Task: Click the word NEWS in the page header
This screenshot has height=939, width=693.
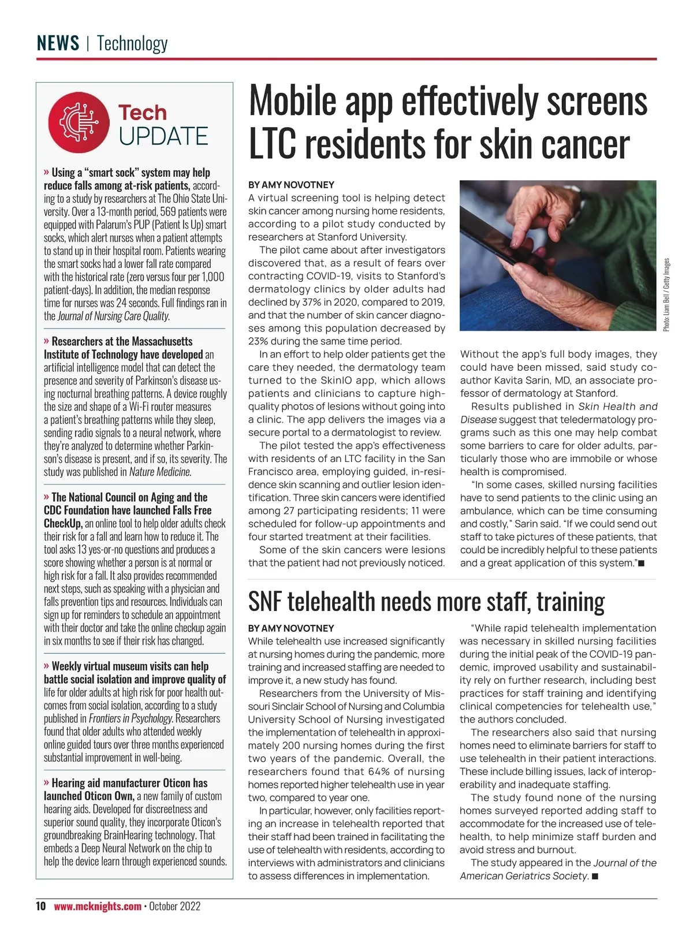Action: coord(58,43)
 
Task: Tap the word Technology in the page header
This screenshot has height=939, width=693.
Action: coord(132,43)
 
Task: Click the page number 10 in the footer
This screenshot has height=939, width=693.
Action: coord(40,906)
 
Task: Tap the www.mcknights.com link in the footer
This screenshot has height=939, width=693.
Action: coord(98,906)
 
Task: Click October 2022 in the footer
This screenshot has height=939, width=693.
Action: coord(174,906)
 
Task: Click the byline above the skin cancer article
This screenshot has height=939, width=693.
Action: coord(291,185)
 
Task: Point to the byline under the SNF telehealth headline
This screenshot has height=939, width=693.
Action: coord(291,628)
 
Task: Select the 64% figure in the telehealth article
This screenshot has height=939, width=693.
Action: coord(379,772)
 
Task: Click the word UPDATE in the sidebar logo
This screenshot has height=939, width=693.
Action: coord(163,136)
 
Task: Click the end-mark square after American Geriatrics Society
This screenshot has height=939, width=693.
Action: coord(595,877)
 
